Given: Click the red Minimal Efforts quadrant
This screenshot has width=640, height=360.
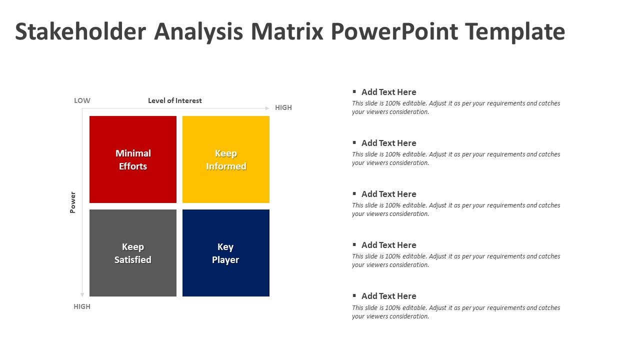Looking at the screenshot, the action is pyautogui.click(x=133, y=159).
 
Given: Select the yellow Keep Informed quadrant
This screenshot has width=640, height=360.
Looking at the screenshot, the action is pyautogui.click(x=226, y=159).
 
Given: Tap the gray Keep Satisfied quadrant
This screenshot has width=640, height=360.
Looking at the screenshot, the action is pyautogui.click(x=133, y=253).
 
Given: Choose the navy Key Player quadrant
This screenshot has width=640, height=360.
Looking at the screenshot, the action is pyautogui.click(x=226, y=253).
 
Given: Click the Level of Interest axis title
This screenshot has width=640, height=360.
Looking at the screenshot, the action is pyautogui.click(x=175, y=100).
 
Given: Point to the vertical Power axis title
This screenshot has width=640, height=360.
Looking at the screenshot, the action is pyautogui.click(x=73, y=202).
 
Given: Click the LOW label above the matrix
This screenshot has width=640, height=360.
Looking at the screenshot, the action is pyautogui.click(x=82, y=100).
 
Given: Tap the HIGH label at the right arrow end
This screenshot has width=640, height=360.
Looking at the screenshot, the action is pyautogui.click(x=283, y=107).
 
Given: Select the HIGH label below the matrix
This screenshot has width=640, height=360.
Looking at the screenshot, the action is pyautogui.click(x=82, y=306).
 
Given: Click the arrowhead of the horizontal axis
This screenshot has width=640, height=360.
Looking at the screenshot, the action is pyautogui.click(x=267, y=108).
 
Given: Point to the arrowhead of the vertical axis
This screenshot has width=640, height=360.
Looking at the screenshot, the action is pyautogui.click(x=82, y=295).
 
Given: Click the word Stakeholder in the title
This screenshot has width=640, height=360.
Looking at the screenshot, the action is pyautogui.click(x=80, y=31).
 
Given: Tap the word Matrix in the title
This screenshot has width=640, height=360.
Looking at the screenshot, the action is pyautogui.click(x=287, y=31).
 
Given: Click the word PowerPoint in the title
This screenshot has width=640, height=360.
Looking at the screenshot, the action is pyautogui.click(x=394, y=31).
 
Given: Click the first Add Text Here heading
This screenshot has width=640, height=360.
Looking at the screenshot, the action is pyautogui.click(x=389, y=92).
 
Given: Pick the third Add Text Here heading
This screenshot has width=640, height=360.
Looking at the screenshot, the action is pyautogui.click(x=389, y=194).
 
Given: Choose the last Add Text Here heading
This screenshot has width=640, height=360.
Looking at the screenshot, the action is pyautogui.click(x=389, y=296).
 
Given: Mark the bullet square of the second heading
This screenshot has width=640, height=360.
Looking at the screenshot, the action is pyautogui.click(x=354, y=142).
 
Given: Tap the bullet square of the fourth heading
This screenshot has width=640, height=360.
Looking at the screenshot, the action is pyautogui.click(x=354, y=244).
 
